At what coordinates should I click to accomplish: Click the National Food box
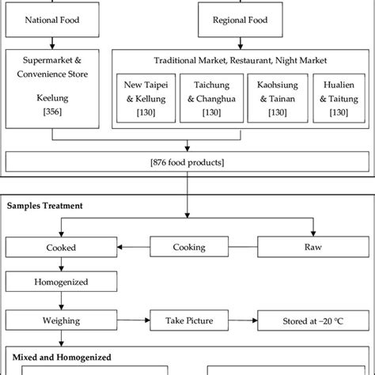point(52,18)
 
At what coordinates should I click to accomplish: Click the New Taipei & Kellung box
point(145,99)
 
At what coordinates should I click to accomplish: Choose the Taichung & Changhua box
point(210,99)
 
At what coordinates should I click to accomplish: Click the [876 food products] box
point(187,163)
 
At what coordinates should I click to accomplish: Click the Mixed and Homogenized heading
point(58,357)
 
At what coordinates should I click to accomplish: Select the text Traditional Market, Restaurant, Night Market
point(241,61)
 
